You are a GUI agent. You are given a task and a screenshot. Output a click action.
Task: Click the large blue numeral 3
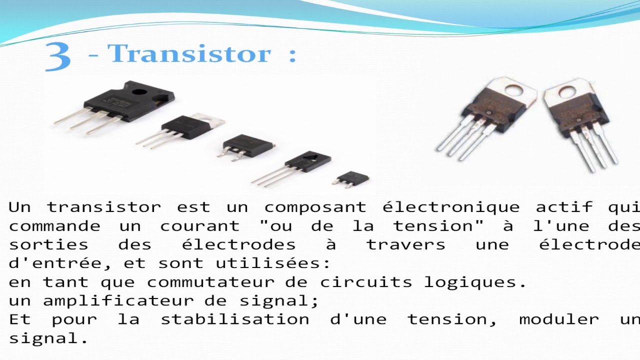[57, 56]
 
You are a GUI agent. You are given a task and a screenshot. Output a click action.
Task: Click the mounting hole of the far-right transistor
[567, 92]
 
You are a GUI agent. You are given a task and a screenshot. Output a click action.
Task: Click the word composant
[315, 207]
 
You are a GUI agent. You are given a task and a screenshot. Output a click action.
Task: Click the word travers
[405, 245]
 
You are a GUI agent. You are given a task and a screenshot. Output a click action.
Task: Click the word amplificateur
[118, 301]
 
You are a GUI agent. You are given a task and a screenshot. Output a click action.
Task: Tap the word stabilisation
[234, 319]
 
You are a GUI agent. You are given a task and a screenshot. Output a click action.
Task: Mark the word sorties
[48, 245]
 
